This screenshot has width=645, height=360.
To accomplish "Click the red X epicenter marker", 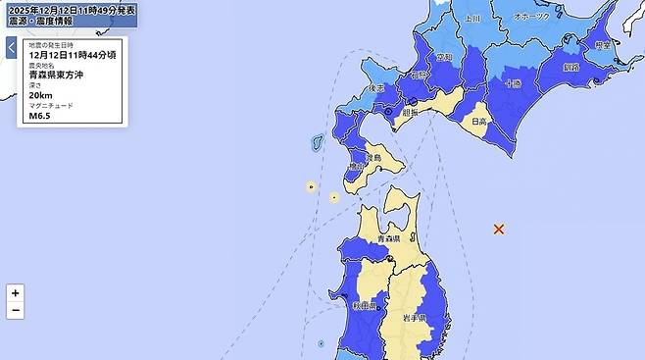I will tap(499, 229).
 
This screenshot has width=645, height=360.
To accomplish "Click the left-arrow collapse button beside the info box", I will tap(11, 47).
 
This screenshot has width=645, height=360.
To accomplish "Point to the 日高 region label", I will tap(480, 122).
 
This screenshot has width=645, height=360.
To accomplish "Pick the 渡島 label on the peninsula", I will tap(372, 157).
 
